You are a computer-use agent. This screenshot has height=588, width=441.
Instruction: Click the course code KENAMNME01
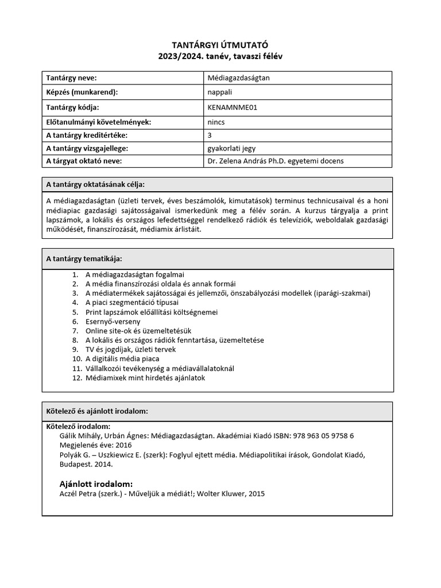click(230, 107)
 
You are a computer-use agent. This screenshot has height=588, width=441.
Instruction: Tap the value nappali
click(219, 92)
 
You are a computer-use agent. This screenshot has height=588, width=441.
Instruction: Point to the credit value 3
click(210, 135)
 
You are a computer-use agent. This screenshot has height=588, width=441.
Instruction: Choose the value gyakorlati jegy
click(231, 148)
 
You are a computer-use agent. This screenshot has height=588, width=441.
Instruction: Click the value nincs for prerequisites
click(216, 122)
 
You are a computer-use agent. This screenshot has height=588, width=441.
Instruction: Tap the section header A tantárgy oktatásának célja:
click(95, 184)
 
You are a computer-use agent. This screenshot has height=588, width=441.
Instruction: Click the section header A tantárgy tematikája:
click(84, 258)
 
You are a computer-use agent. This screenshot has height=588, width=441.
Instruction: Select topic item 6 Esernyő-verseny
click(113, 322)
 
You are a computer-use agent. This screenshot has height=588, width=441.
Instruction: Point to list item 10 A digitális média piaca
click(122, 359)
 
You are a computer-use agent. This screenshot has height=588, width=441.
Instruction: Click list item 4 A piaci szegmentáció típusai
click(132, 303)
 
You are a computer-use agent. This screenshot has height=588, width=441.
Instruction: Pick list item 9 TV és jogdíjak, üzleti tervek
click(130, 349)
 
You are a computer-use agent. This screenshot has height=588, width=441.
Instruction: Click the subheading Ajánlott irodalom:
click(96, 483)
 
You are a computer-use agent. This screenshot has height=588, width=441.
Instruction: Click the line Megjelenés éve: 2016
click(87, 445)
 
